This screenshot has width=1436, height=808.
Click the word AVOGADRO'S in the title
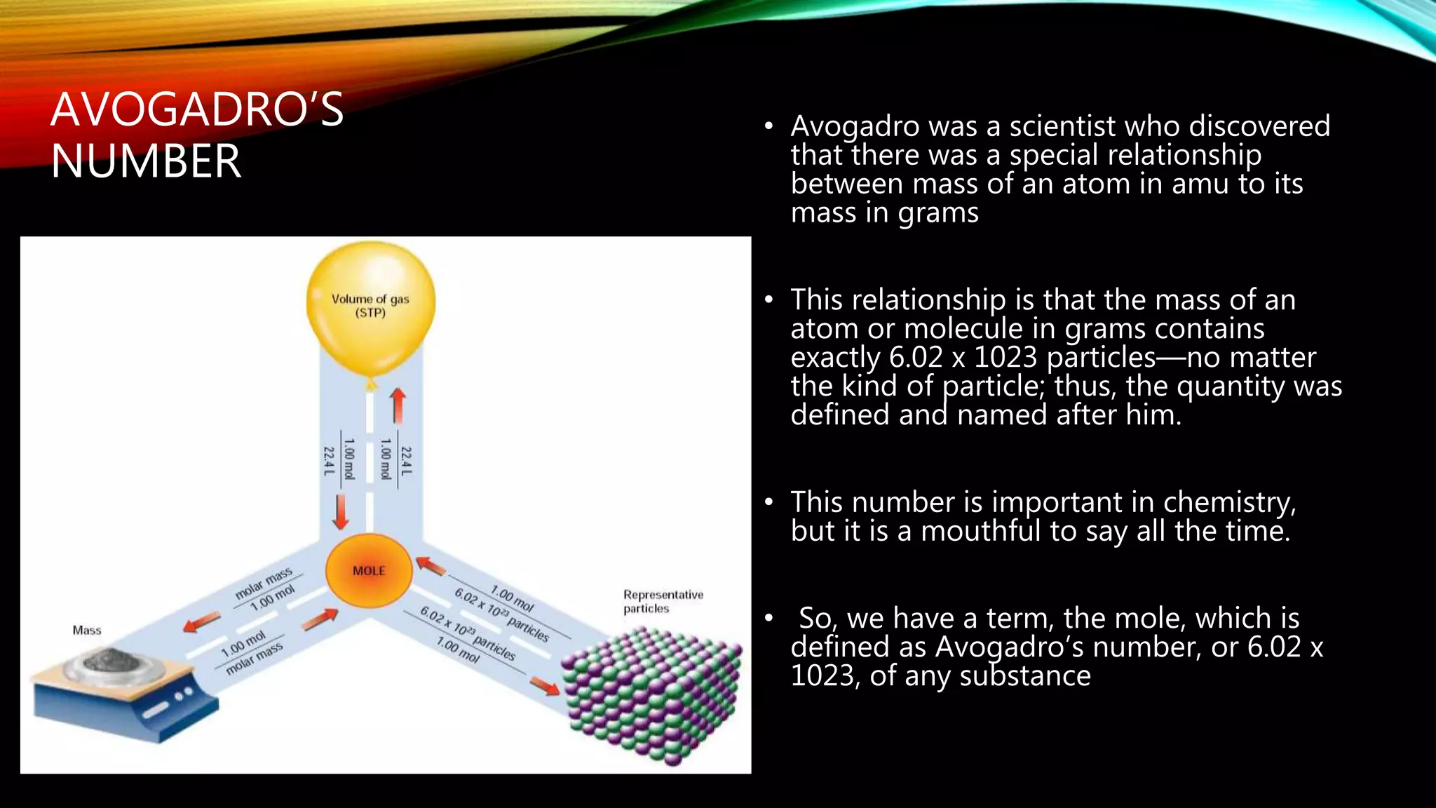click(x=197, y=110)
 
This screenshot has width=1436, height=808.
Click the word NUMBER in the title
click(x=146, y=161)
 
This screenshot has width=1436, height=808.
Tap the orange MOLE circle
click(x=369, y=570)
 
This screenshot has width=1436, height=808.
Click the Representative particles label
click(x=663, y=601)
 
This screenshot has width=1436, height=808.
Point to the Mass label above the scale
click(x=87, y=630)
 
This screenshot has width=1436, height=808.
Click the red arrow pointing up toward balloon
click(x=398, y=405)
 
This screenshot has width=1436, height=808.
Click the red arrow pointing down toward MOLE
click(x=341, y=512)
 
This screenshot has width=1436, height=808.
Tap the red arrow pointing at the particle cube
click(x=545, y=685)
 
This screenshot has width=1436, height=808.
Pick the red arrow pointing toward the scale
click(x=201, y=621)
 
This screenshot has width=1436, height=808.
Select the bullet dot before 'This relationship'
click(x=769, y=300)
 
